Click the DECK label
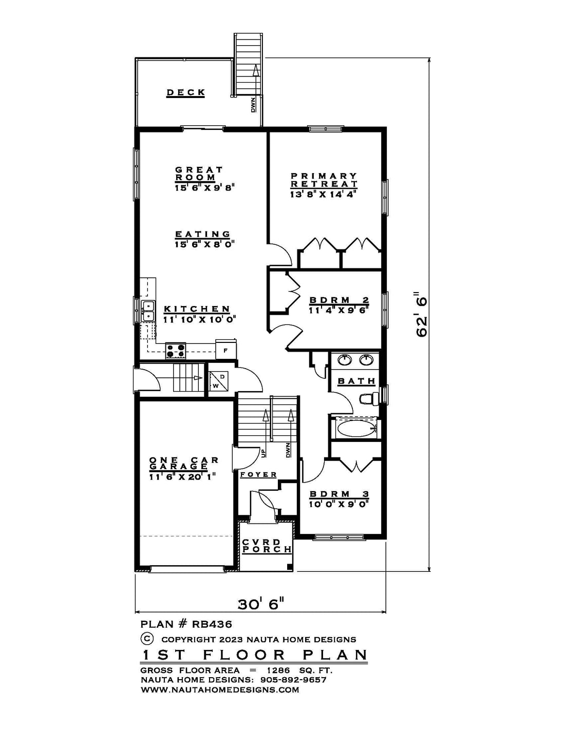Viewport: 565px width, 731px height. (x=186, y=93)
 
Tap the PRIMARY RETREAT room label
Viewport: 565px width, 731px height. (x=324, y=180)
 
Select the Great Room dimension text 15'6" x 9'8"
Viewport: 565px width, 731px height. (x=204, y=188)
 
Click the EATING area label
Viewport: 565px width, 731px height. (x=203, y=234)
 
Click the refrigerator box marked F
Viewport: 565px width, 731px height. (x=226, y=349)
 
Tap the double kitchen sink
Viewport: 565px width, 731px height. (x=148, y=311)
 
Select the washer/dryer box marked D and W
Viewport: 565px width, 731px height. (x=218, y=380)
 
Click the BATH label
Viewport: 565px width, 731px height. (x=356, y=381)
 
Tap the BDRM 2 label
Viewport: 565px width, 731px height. (x=339, y=300)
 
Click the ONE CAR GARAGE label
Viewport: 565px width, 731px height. (x=184, y=463)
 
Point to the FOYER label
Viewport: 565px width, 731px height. (x=258, y=475)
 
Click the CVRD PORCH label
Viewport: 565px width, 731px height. (x=267, y=546)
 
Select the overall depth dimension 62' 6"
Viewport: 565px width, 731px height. (x=421, y=314)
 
